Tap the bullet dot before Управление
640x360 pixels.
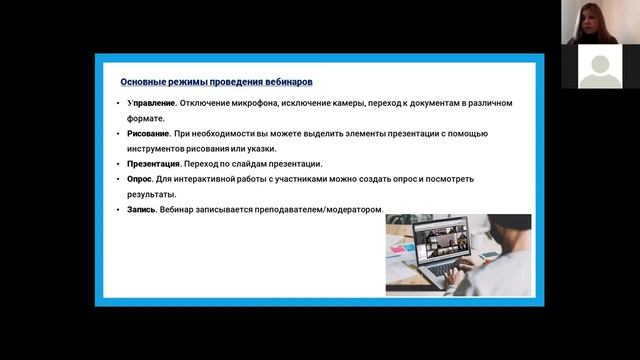(118, 104)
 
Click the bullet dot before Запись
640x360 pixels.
(118, 209)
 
